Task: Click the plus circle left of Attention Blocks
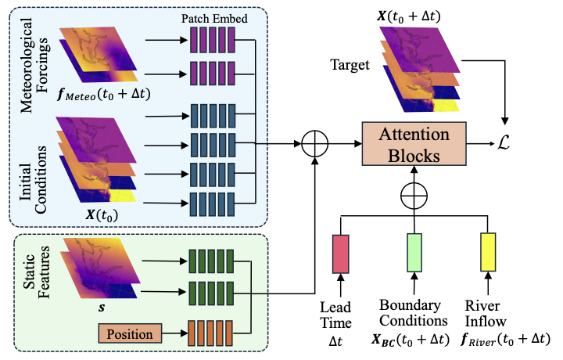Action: click(x=317, y=143)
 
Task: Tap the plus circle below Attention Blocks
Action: click(x=414, y=193)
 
